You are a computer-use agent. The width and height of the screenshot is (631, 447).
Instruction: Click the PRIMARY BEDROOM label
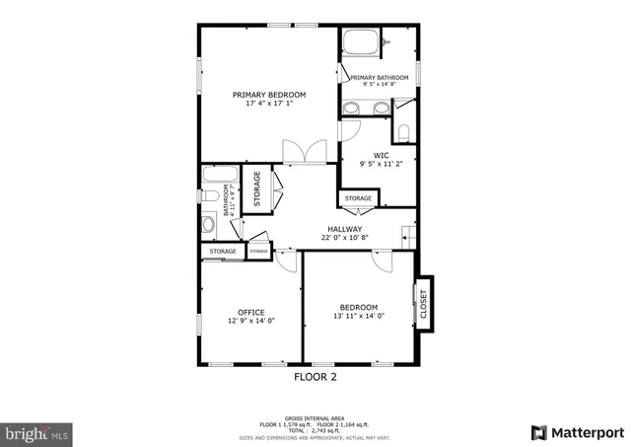(x=269, y=95)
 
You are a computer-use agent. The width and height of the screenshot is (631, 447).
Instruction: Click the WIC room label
(x=381, y=155)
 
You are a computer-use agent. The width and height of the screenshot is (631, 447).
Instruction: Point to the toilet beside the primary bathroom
(x=404, y=131)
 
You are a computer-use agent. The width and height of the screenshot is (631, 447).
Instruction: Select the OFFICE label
(x=250, y=312)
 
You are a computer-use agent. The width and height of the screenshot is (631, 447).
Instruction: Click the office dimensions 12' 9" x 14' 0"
(x=250, y=321)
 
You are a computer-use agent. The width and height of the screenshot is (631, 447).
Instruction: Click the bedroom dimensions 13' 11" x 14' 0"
(x=359, y=316)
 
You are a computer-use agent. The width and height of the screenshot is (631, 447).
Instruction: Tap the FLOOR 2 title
(x=315, y=377)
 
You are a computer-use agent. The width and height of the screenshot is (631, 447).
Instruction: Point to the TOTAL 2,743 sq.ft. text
(x=315, y=430)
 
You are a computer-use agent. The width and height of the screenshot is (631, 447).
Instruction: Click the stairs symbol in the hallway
(x=408, y=235)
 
